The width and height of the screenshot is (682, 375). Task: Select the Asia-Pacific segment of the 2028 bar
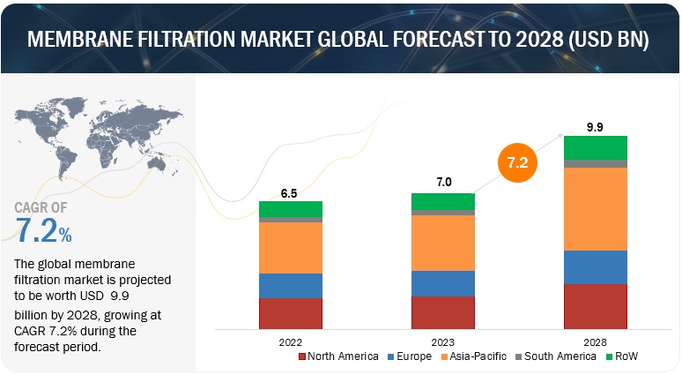596,208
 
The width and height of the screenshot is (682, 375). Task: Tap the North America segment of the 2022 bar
290,313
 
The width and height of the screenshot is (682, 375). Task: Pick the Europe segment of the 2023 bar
443,282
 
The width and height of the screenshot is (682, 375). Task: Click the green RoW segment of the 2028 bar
596,147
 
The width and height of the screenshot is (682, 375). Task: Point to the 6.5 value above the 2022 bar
290,191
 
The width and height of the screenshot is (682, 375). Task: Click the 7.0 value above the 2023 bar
443,183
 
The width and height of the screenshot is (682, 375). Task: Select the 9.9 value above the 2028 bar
596,125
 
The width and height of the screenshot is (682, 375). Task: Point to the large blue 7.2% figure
44,232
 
